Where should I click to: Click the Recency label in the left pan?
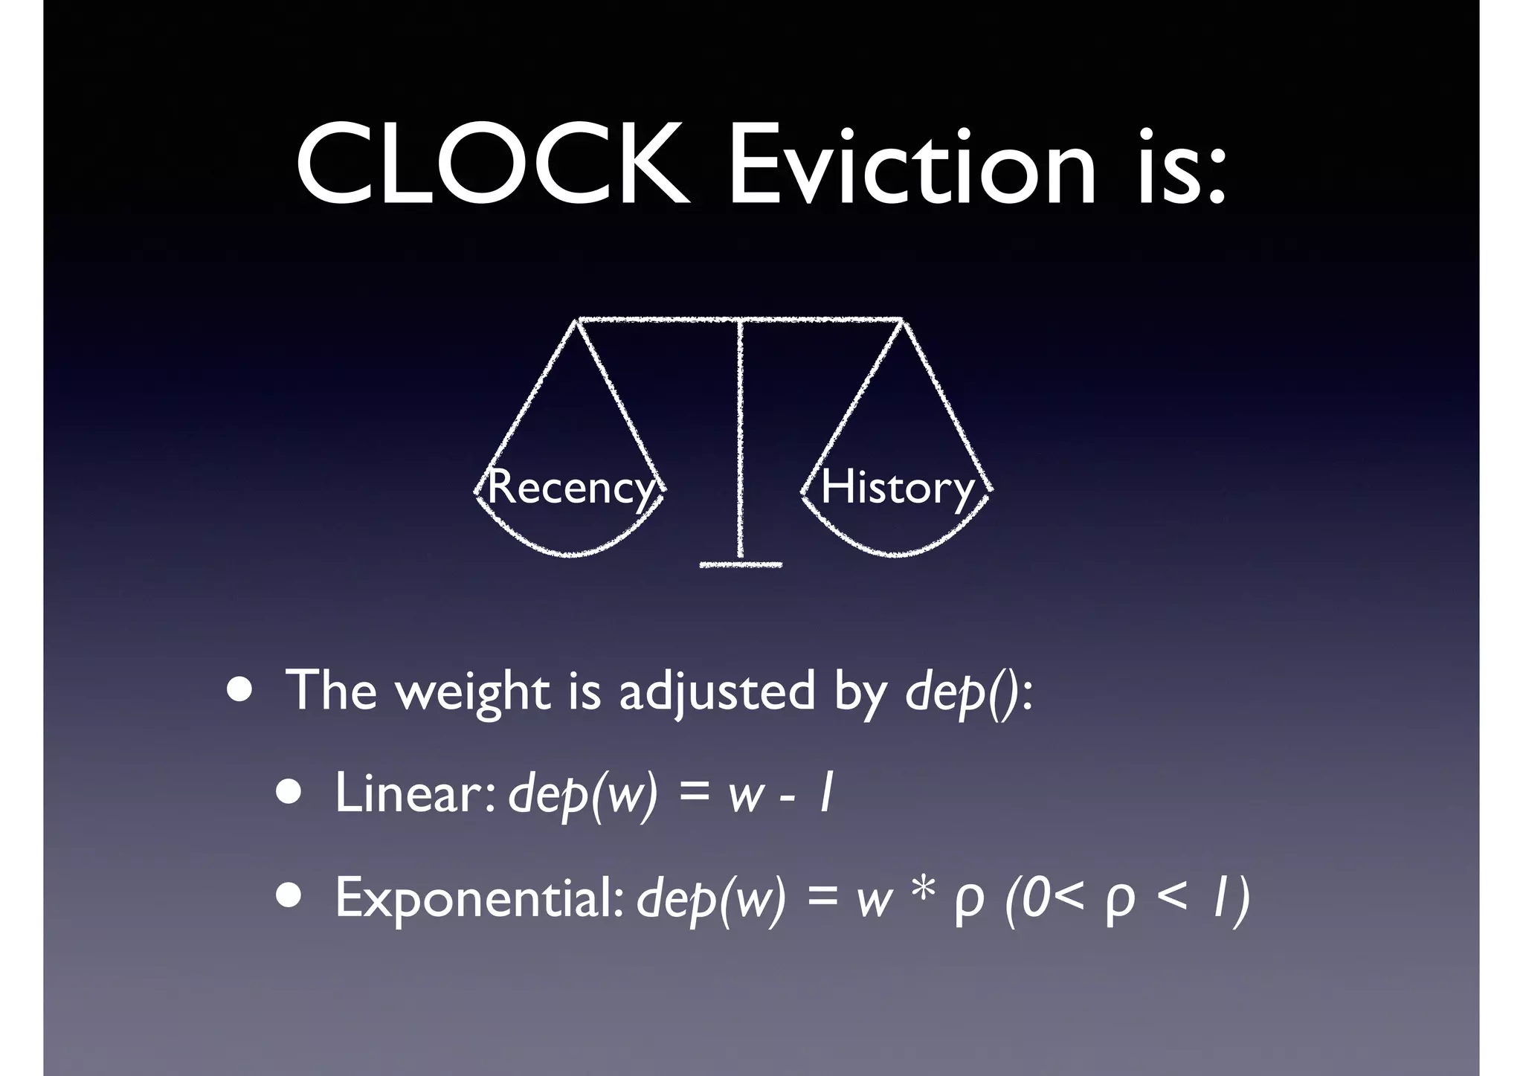coord(570,488)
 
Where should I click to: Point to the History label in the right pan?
coord(897,488)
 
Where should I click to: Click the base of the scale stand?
coord(741,565)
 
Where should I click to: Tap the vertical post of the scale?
coord(741,439)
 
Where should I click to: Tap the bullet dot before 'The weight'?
coord(239,689)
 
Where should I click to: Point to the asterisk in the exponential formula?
coord(921,892)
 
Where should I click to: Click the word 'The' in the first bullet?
coord(332,692)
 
